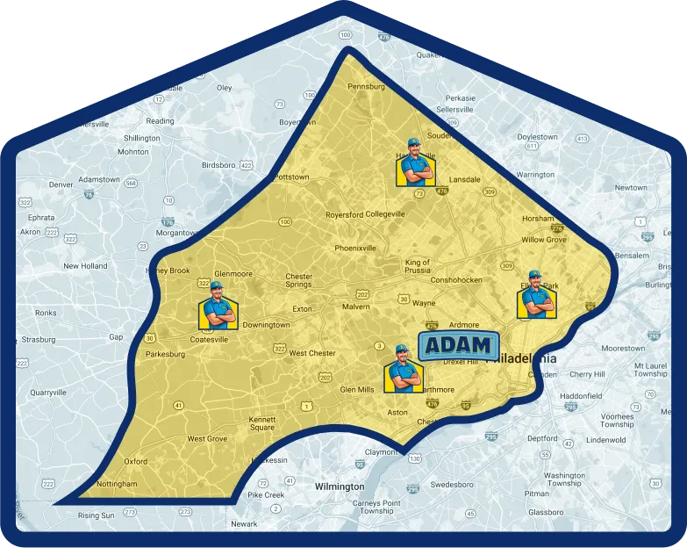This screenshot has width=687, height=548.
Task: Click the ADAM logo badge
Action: [458, 344]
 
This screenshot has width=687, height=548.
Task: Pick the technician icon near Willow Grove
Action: [537, 299]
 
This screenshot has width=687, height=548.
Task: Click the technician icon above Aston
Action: [402, 367]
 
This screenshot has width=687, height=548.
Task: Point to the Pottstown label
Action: [291, 177]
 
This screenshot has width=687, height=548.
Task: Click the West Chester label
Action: [312, 353]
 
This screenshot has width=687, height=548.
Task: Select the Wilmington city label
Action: [339, 486]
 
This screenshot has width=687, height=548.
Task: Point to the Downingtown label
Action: [266, 325]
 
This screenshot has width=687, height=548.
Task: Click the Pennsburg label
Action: [366, 87]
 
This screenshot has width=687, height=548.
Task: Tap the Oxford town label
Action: [135, 460]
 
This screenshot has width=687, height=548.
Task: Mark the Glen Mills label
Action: [357, 389]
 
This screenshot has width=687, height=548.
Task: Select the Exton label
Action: [302, 309]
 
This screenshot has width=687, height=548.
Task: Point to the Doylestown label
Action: [537, 137]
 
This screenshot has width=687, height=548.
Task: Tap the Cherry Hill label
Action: [587, 373]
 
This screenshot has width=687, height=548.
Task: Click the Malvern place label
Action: [355, 306]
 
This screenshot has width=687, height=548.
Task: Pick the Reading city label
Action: [160, 121]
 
